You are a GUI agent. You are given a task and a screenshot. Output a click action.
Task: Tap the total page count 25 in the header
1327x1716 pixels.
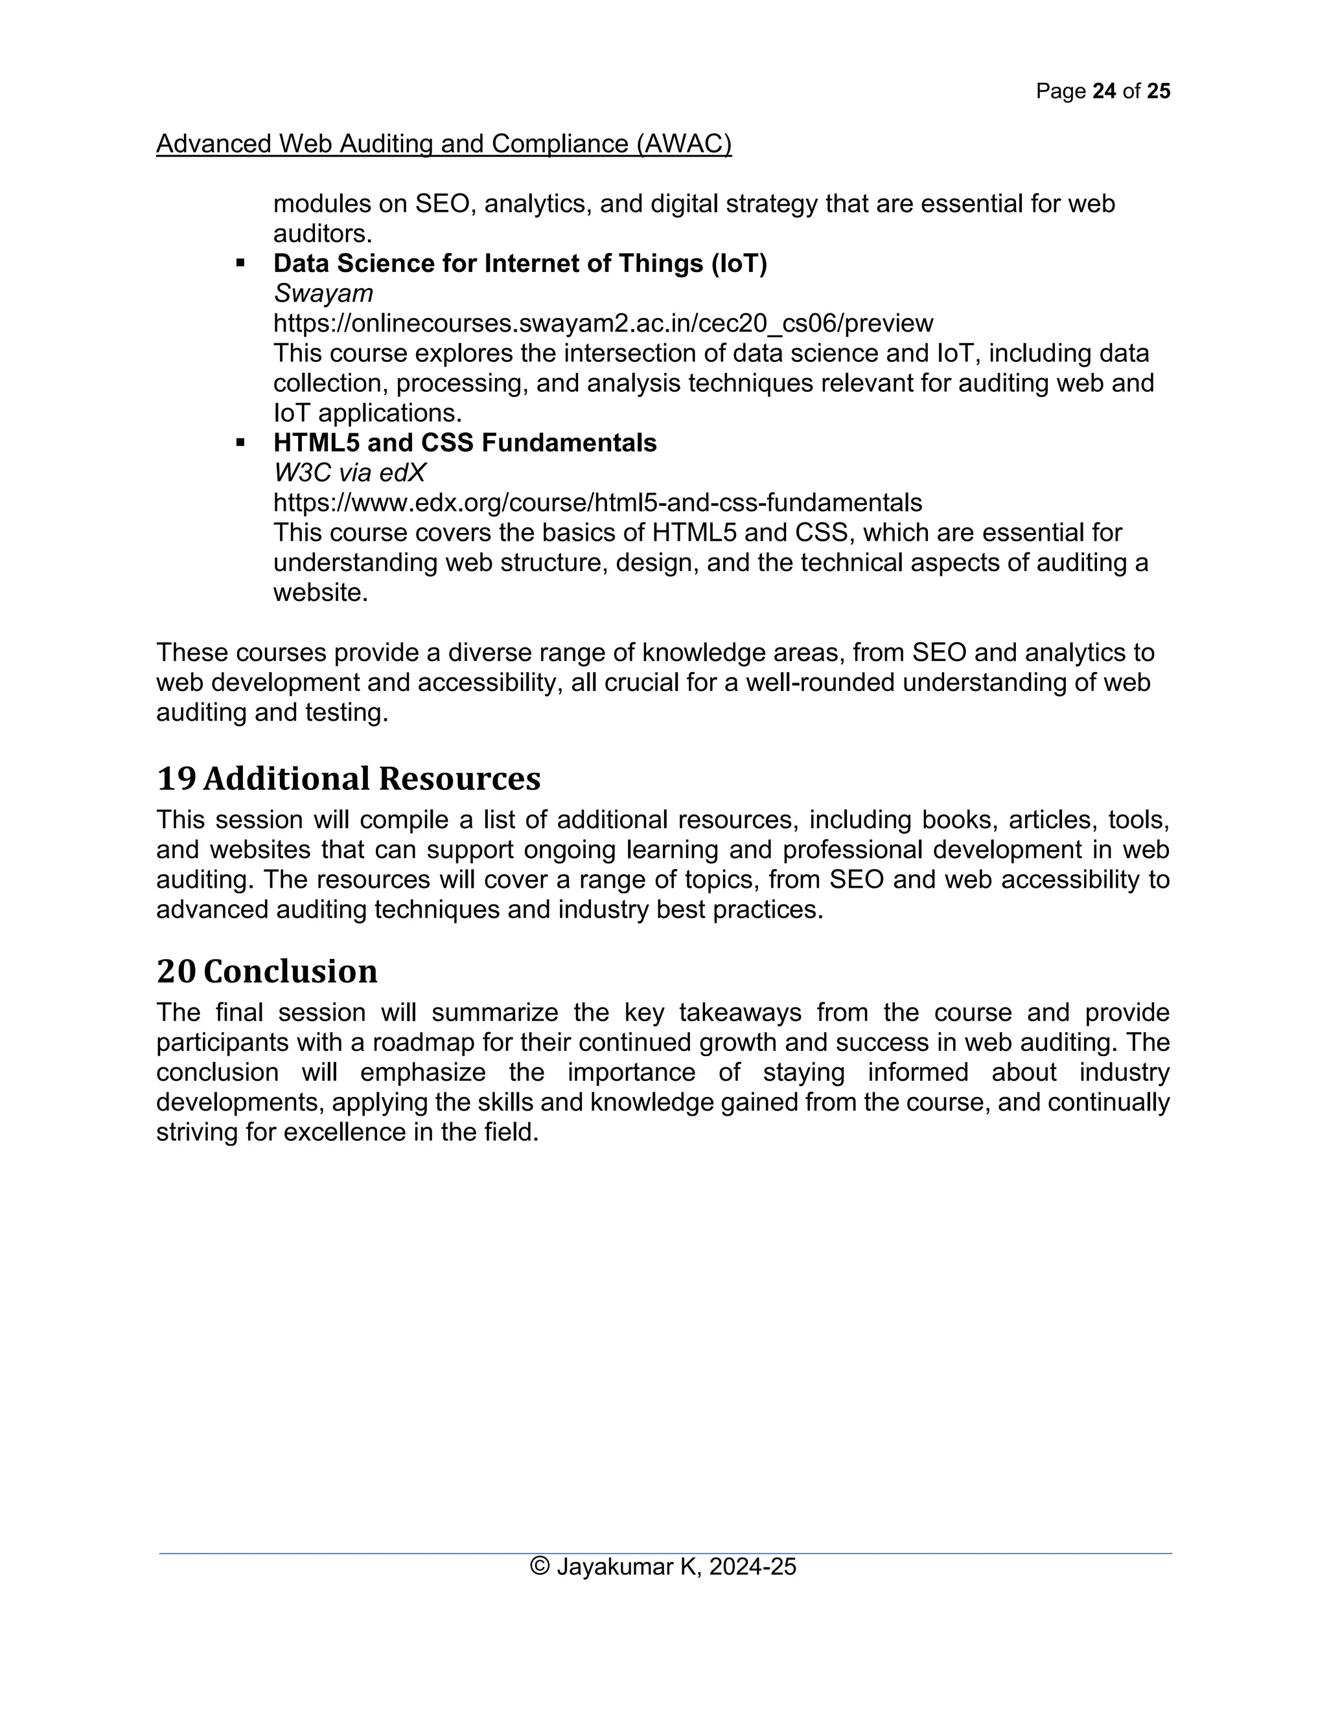1159,91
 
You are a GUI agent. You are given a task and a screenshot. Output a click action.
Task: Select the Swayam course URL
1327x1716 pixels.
603,323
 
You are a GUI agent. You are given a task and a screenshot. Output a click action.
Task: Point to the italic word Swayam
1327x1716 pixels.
323,293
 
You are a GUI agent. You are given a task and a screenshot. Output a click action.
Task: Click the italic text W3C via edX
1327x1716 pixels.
350,472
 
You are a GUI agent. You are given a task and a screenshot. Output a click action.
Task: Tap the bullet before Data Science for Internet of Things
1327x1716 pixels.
240,263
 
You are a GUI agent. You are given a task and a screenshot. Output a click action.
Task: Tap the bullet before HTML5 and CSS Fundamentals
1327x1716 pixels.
240,442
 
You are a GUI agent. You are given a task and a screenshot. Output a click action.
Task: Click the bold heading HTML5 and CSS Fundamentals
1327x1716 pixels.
465,442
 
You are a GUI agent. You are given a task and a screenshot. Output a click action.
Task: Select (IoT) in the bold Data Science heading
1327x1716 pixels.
738,263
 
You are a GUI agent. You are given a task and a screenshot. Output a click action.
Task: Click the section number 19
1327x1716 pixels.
176,778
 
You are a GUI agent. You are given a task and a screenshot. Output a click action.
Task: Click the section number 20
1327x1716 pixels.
176,971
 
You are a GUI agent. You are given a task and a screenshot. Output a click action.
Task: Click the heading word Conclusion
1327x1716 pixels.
290,971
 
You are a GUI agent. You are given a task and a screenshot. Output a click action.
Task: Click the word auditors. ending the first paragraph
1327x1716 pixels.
322,233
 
